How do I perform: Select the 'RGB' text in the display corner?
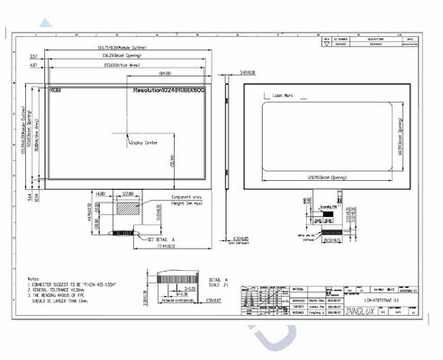tap(56, 91)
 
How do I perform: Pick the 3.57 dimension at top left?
tap(33, 56)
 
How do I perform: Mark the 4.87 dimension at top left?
tap(33, 66)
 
